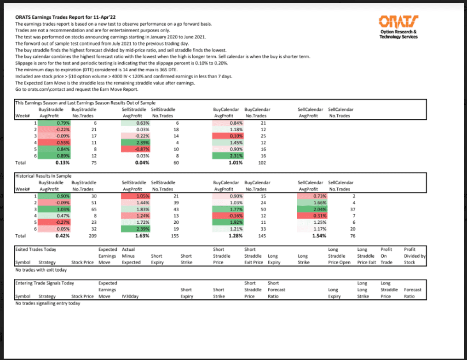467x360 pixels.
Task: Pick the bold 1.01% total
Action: point(236,163)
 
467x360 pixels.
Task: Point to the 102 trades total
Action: point(263,163)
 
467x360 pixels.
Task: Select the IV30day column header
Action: point(130,296)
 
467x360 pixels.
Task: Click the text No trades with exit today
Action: point(41,270)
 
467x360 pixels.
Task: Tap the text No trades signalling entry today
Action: point(47,303)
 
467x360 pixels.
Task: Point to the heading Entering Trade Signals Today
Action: point(45,283)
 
